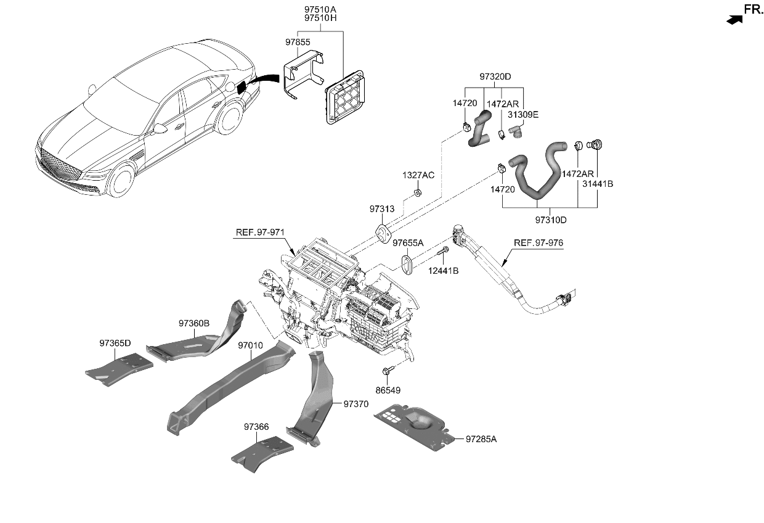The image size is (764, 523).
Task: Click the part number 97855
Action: tap(298, 43)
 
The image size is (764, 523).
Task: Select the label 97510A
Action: tap(320, 9)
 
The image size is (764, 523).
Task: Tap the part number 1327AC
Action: tap(419, 175)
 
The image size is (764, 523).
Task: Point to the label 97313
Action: tap(382, 209)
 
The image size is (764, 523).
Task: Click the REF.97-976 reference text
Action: tap(538, 242)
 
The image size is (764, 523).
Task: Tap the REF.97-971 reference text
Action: tap(260, 233)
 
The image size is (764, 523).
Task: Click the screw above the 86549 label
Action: tap(388, 371)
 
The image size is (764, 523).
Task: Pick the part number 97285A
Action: tap(481, 439)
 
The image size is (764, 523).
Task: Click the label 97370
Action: tap(356, 404)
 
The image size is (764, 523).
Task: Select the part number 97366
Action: tap(256, 426)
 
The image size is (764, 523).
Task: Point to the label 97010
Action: tap(251, 346)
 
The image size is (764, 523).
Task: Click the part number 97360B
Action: tap(195, 323)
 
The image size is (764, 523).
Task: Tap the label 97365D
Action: tap(115, 343)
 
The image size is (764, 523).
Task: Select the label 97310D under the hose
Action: tap(550, 219)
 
